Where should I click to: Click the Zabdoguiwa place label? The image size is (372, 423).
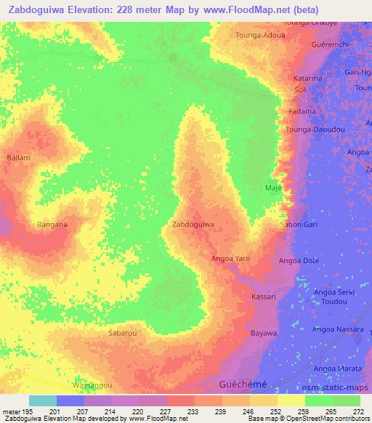193,225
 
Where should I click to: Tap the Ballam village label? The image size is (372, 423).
18,157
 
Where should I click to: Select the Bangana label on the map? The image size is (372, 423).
52,225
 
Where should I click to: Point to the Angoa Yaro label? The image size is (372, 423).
230,259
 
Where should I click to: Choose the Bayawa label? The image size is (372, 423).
264,333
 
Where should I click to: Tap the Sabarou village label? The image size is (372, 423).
122,333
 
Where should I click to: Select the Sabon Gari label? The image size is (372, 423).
299,225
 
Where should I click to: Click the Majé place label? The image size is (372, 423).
272,188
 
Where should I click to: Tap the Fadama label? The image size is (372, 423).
302,112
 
